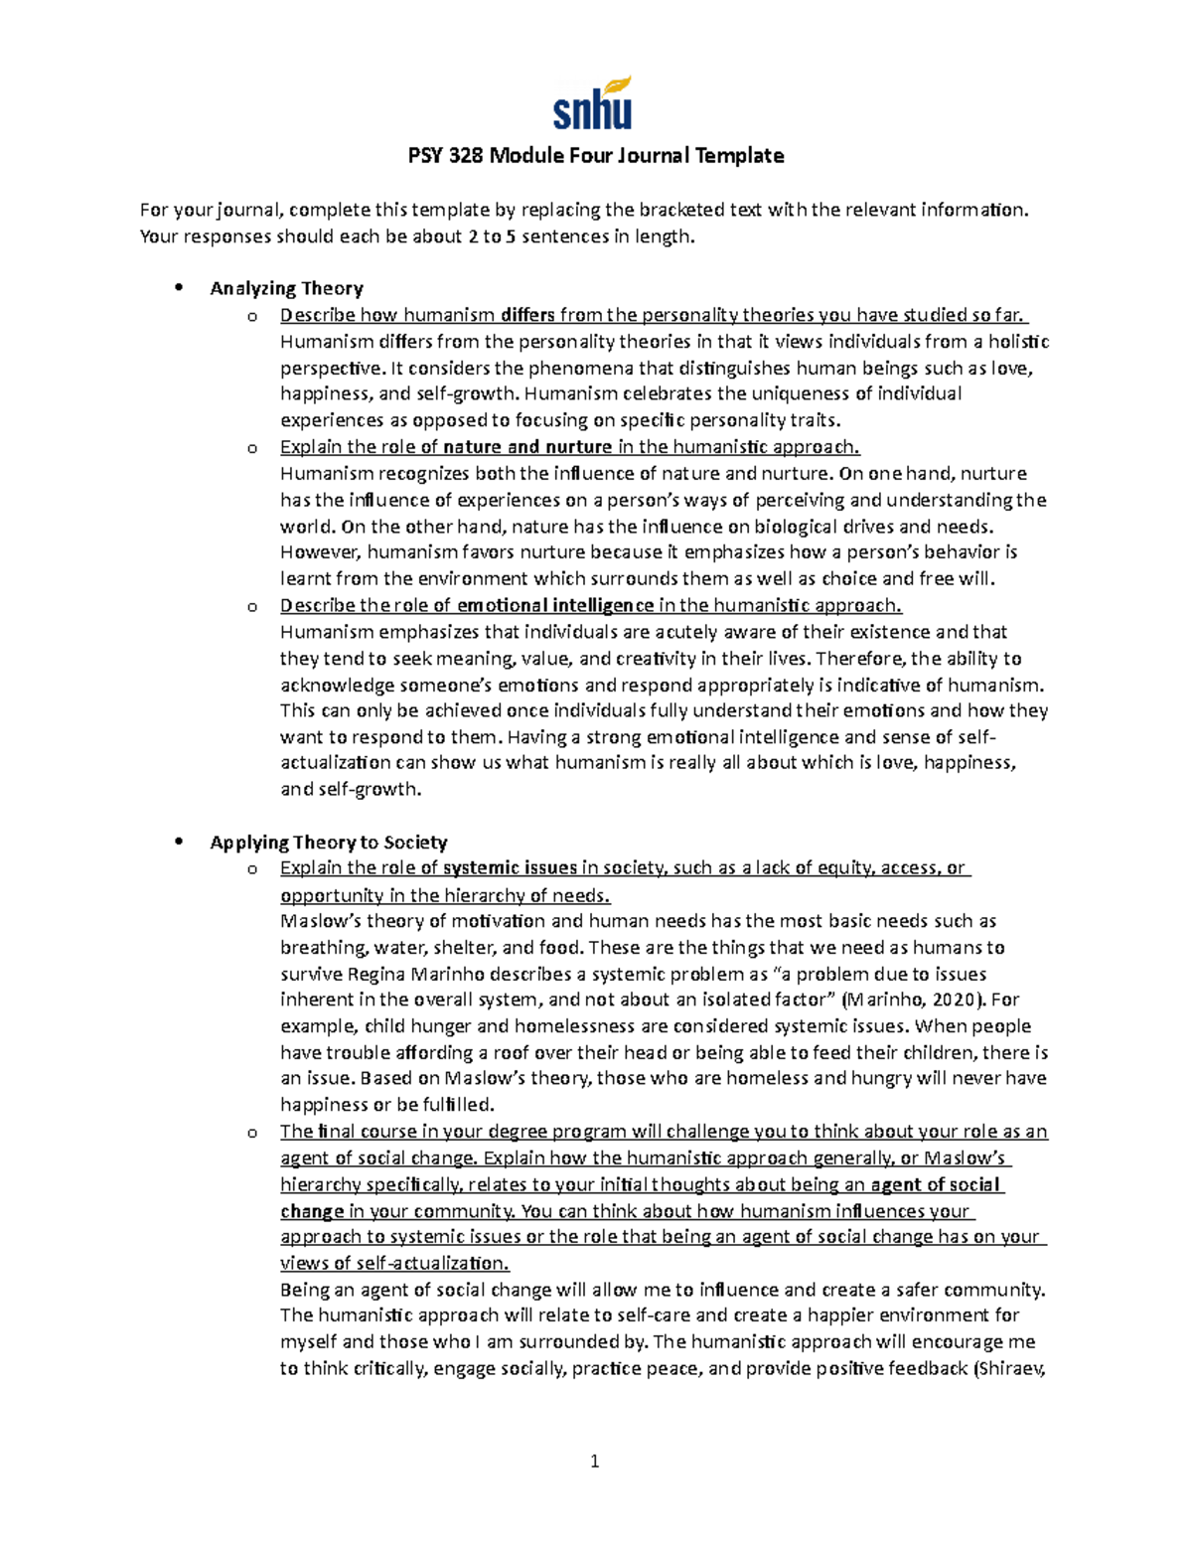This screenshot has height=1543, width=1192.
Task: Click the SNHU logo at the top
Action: point(592,103)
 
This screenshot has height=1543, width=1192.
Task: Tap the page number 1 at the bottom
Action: point(594,1461)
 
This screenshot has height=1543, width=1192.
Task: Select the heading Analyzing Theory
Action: point(286,289)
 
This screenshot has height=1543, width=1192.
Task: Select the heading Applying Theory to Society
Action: point(328,843)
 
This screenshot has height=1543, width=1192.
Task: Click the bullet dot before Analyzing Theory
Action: point(179,288)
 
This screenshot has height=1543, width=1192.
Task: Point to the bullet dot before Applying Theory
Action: point(179,842)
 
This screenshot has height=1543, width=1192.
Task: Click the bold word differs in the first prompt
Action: point(527,316)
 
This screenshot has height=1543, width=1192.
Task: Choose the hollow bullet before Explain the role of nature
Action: point(252,449)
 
